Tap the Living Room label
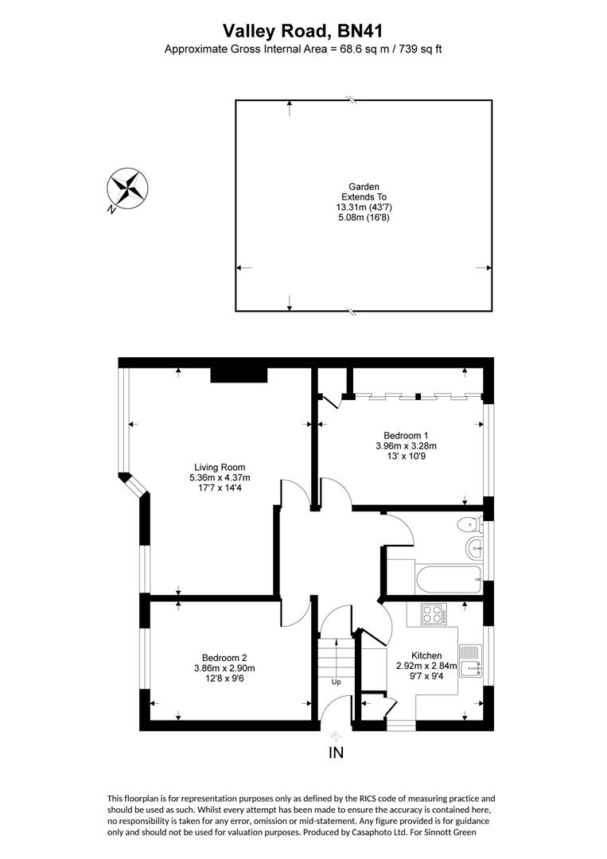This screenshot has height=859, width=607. pyautogui.click(x=220, y=467)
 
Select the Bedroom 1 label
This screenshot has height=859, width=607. pyautogui.click(x=406, y=435)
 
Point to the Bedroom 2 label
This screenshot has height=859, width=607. pyautogui.click(x=224, y=658)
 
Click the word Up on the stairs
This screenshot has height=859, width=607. pyautogui.click(x=336, y=682)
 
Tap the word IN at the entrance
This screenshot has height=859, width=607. pyautogui.click(x=336, y=752)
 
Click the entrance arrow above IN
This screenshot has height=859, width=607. pyautogui.click(x=336, y=736)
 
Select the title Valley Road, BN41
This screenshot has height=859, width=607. pyautogui.click(x=302, y=31)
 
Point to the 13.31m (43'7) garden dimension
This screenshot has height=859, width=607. pyautogui.click(x=364, y=207)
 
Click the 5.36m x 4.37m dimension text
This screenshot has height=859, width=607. pyautogui.click(x=220, y=477)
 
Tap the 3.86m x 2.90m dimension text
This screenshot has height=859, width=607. pyautogui.click(x=224, y=668)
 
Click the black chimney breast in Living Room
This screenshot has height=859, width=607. pyautogui.click(x=239, y=375)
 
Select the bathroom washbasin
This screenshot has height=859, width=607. pyautogui.click(x=473, y=547)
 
